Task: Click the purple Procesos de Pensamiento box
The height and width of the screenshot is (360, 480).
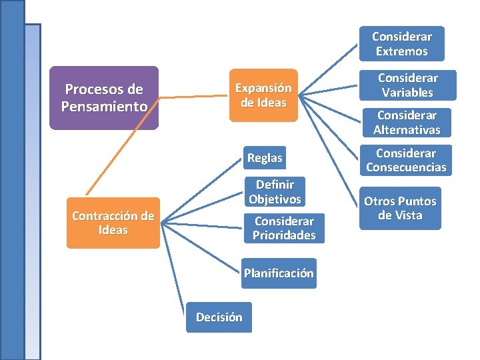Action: pyautogui.click(x=104, y=97)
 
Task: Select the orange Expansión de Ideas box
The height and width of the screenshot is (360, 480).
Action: pyautogui.click(x=263, y=95)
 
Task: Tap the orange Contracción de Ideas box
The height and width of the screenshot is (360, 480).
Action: pyautogui.click(x=113, y=223)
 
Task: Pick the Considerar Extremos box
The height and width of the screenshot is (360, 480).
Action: pyautogui.click(x=401, y=44)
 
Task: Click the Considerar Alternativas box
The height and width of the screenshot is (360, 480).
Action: pyautogui.click(x=407, y=123)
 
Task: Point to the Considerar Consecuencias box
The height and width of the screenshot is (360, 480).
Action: pyautogui.click(x=406, y=160)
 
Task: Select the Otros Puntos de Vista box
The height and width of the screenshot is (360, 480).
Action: pyautogui.click(x=399, y=208)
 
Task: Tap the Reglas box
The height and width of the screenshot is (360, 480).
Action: pyautogui.click(x=265, y=158)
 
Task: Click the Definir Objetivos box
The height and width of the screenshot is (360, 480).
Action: pyautogui.click(x=275, y=191)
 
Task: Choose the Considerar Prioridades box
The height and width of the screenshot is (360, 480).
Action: pyautogui.click(x=284, y=228)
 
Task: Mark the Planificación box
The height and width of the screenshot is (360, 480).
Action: pyautogui.click(x=279, y=273)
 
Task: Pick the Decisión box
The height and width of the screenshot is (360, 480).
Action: pyautogui.click(x=219, y=317)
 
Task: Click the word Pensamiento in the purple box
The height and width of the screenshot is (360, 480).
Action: pyautogui.click(x=104, y=106)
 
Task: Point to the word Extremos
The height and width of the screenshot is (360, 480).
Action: pyautogui.click(x=401, y=51)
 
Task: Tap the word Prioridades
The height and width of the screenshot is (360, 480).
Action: pyautogui.click(x=284, y=235)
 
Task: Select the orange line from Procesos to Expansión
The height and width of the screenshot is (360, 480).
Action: pyautogui.click(x=193, y=97)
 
